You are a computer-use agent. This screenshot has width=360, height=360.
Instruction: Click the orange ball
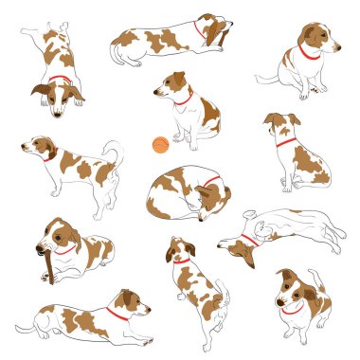pyautogui.click(x=160, y=145)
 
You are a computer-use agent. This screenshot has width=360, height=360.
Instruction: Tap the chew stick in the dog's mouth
pyautogui.click(x=45, y=261)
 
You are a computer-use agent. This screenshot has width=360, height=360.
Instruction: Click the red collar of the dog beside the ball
pyautogui.click(x=182, y=98)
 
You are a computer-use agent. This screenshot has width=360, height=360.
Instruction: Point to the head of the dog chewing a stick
pyautogui.click(x=59, y=237)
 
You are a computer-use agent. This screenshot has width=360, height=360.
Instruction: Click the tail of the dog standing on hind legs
pyautogui.click(x=224, y=299)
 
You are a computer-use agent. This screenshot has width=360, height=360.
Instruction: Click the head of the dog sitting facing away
pyautogui.click(x=280, y=124)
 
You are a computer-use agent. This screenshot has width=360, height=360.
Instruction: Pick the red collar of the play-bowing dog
pyautogui.click(x=60, y=80)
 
